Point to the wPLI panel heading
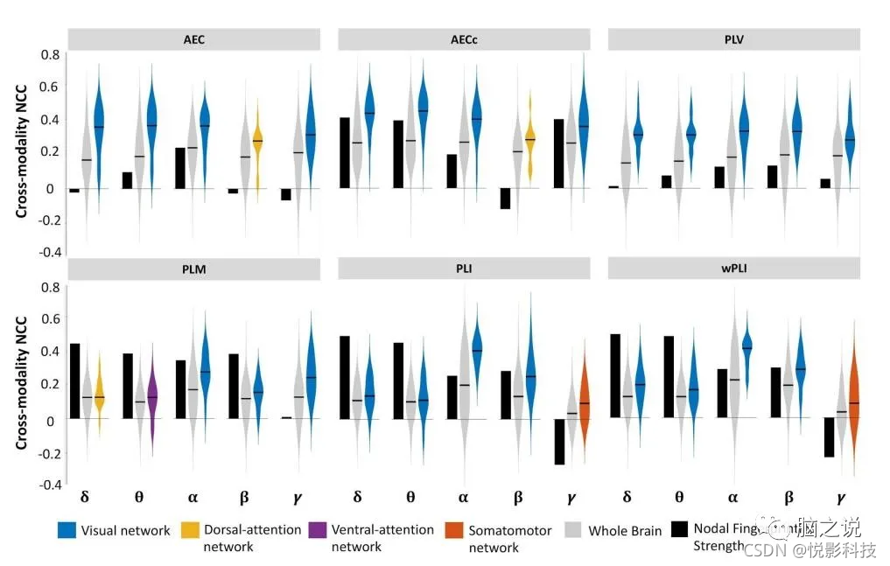[x=733, y=269]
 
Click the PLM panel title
[x=195, y=269]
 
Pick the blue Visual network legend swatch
[x=66, y=530]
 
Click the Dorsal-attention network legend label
[x=252, y=538]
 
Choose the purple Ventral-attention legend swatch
[x=318, y=530]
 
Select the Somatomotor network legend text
[x=509, y=538]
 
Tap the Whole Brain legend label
[x=625, y=530]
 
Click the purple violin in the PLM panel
[x=151, y=395]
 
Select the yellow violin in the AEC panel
[x=258, y=149]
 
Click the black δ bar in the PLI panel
[x=345, y=377]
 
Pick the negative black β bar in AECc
[x=505, y=198]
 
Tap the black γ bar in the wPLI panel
[x=827, y=437]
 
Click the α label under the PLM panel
[x=193, y=498]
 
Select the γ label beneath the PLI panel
[x=571, y=498]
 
